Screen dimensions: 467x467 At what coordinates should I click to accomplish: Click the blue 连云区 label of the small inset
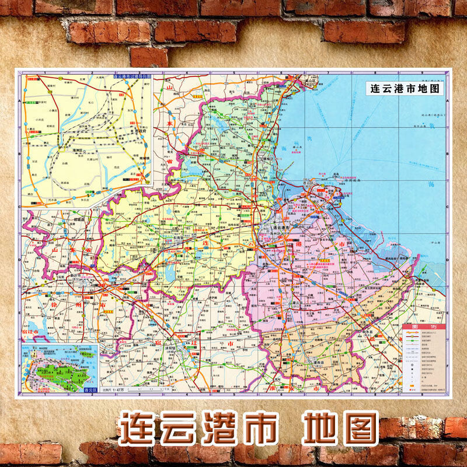(x=90, y=389)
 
